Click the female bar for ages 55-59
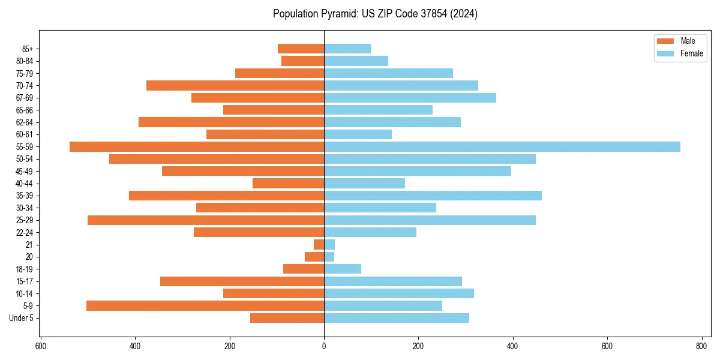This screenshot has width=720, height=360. (502, 147)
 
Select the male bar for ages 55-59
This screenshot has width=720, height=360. (197, 147)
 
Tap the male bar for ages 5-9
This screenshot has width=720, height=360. (205, 306)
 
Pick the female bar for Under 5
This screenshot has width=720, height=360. (397, 318)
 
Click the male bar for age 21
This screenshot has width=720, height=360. (319, 245)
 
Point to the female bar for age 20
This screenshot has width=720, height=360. (329, 257)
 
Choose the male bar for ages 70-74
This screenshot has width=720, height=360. (235, 86)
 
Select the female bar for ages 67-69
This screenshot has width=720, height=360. (410, 98)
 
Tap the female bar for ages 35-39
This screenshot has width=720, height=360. (433, 196)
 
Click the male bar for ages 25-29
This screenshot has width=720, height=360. (206, 220)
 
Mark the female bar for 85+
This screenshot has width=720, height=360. (347, 49)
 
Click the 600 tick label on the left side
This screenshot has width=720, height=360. (41, 346)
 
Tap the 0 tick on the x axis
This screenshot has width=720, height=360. (324, 346)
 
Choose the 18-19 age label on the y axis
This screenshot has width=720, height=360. (25, 269)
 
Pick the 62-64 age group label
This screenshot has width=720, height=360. (25, 122)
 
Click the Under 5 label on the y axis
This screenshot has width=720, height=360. (21, 318)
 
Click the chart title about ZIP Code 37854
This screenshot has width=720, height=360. (375, 14)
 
